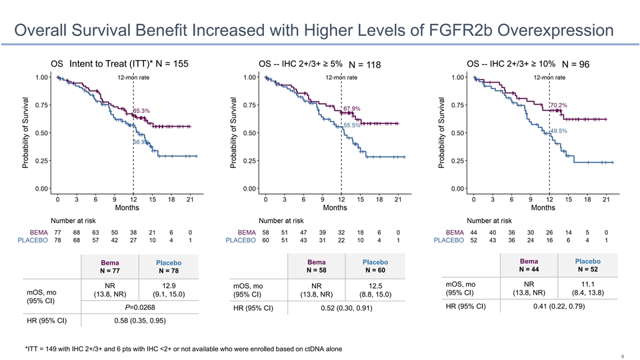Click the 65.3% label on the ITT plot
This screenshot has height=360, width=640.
141,111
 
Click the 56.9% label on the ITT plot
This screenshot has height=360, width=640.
141,142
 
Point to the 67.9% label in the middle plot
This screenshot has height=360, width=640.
351,109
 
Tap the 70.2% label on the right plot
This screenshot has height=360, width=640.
558,105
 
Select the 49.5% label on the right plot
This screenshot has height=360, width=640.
558,131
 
